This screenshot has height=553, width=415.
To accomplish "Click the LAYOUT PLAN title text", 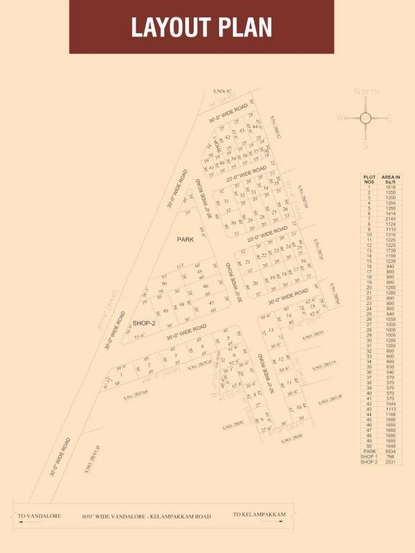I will pos(201,27).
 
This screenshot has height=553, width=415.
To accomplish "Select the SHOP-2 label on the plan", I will pos(141,323).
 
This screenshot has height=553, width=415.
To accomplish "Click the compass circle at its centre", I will pos(365,117).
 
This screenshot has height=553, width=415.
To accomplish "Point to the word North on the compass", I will pos(366,91).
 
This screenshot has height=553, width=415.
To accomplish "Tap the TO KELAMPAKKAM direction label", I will pos(259,515).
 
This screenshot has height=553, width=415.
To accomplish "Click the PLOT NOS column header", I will pos(370,179).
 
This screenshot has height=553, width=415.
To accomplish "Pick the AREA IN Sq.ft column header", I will pos(391,179).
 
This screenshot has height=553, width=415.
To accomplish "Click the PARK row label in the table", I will pos(370,451).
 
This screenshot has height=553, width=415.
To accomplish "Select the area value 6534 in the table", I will pos(391,451).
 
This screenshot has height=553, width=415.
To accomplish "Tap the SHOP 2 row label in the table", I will pos(370,462).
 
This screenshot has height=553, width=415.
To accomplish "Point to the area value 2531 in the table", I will pos(391,462).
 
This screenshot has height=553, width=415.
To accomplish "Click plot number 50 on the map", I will pos(164,284).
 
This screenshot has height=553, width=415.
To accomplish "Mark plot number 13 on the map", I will pos(271,331).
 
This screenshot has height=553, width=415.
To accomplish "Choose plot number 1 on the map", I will pos(122,374).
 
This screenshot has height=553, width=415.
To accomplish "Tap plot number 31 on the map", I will pos(226,202).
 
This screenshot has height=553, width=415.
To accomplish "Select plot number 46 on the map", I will pos(205,287).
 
